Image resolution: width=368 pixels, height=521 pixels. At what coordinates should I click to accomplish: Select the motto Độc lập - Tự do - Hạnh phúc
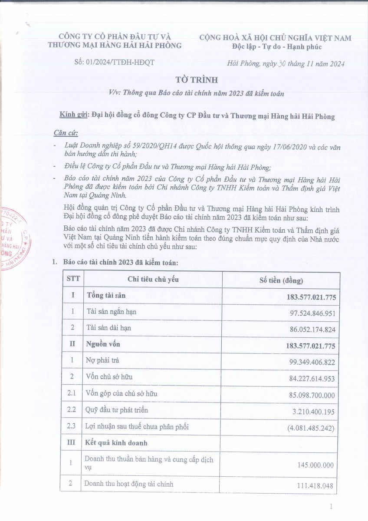point(276,47)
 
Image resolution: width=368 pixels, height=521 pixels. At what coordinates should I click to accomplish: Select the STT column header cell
point(72,279)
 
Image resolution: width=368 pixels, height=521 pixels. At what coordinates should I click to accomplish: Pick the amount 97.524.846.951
point(312,313)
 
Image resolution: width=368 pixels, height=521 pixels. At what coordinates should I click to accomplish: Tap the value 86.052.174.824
point(312,330)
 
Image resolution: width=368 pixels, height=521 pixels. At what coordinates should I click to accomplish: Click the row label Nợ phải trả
point(103,361)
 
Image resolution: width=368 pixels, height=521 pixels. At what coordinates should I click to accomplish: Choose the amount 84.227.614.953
point(312,379)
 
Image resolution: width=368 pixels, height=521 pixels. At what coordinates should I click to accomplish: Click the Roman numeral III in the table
point(72,443)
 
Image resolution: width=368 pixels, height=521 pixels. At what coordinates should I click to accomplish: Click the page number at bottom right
point(331,506)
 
